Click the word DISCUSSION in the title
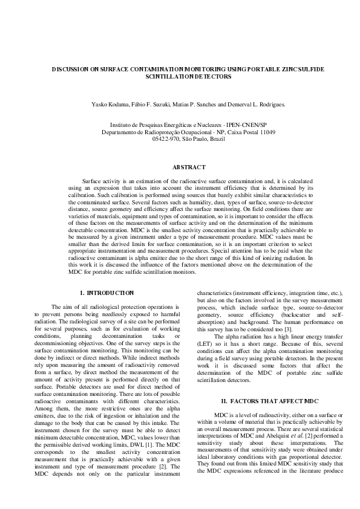[70, 70]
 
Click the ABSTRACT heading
[189, 166]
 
